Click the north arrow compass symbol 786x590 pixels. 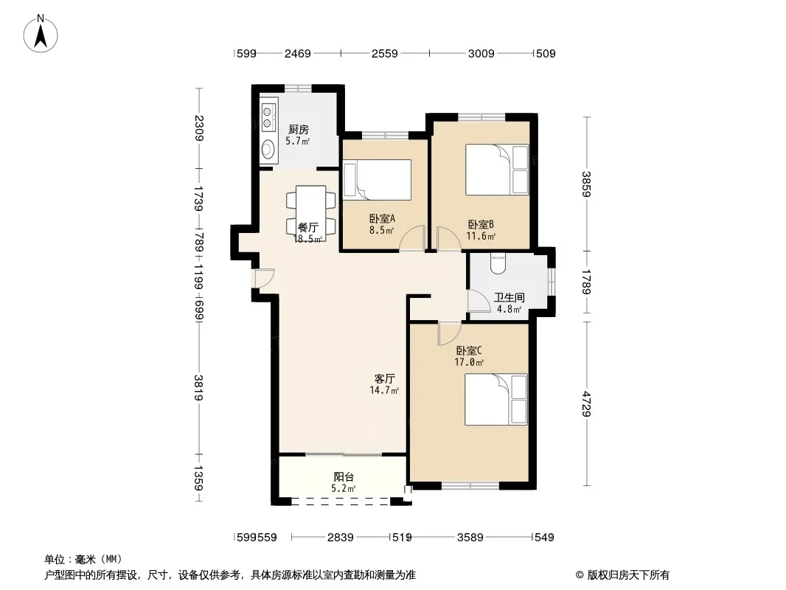(x=41, y=34)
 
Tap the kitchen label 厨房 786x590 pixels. (x=299, y=131)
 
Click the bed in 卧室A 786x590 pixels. (x=377, y=179)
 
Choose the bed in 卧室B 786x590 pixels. (x=497, y=170)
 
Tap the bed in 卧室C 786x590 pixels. (x=495, y=399)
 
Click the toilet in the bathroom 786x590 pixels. (x=498, y=263)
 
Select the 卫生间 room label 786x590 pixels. (x=509, y=298)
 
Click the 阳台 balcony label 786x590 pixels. (x=344, y=477)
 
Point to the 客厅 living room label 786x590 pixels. (x=384, y=379)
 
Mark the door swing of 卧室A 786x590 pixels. (x=413, y=238)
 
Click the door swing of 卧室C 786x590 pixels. (x=450, y=333)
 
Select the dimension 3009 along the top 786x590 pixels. (x=481, y=54)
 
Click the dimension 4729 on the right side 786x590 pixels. (x=587, y=404)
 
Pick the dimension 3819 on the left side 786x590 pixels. (x=199, y=387)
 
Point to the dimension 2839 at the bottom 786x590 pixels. (x=341, y=538)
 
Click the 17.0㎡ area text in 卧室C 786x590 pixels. (x=469, y=362)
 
